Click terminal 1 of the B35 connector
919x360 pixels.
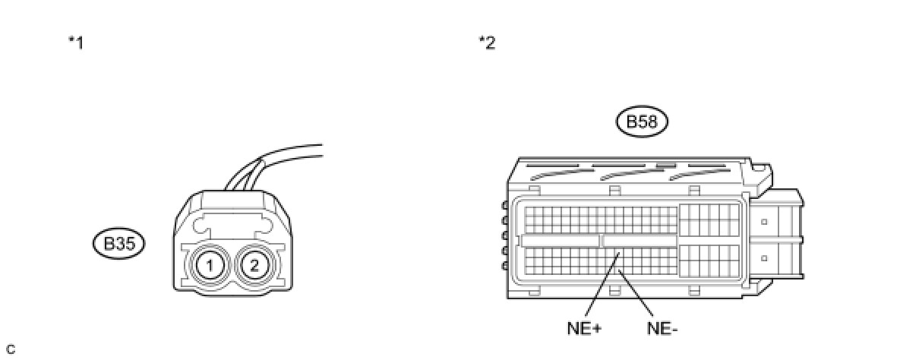click(207, 265)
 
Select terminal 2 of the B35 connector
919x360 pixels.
click(254, 265)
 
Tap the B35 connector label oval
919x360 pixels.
click(118, 244)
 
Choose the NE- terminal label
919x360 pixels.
click(662, 329)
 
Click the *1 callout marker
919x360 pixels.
click(75, 43)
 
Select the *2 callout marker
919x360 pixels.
click(487, 43)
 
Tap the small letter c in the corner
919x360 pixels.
click(10, 349)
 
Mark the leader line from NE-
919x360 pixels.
click(641, 296)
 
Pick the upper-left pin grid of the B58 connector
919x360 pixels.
click(600, 219)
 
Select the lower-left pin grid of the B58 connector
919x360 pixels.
click(600, 261)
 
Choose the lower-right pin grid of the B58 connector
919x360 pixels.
click(707, 260)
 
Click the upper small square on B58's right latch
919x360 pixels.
click(763, 223)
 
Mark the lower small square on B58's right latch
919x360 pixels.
click(763, 258)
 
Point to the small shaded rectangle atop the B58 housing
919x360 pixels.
click(665, 163)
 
